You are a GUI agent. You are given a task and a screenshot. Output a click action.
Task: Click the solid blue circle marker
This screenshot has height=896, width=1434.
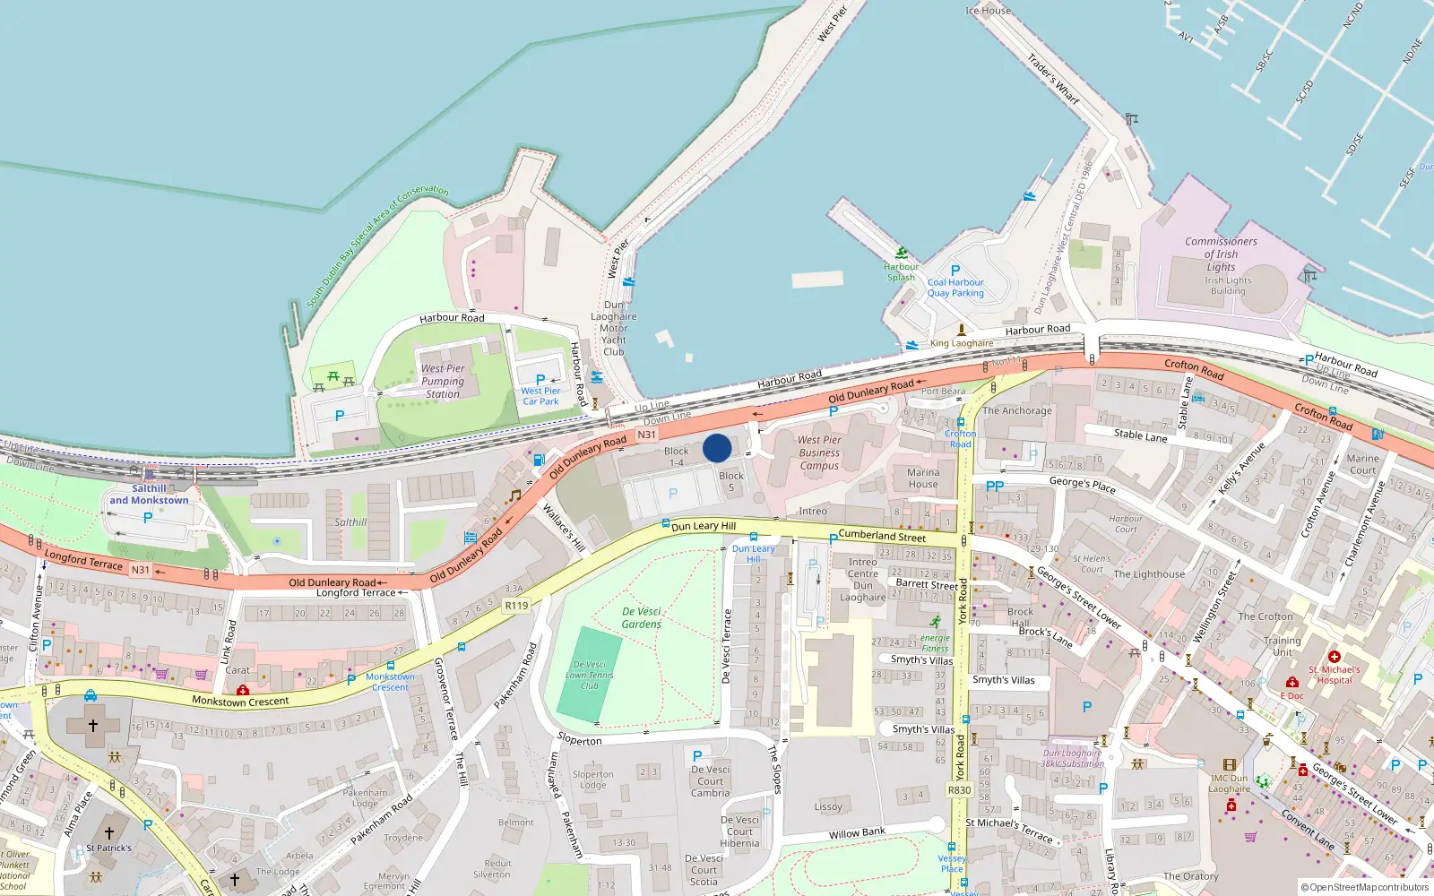coord(717,448)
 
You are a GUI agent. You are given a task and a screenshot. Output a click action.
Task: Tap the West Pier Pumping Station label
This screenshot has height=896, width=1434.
coord(443,381)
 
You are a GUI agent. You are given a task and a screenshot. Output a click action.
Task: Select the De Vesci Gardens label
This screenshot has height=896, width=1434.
coord(642,617)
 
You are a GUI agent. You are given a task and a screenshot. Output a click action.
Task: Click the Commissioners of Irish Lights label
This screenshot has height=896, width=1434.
coord(1221,254)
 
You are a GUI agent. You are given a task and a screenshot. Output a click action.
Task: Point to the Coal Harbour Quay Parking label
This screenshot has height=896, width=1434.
coord(955,288)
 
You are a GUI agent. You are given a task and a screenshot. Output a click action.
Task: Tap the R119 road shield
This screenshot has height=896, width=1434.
coord(516,606)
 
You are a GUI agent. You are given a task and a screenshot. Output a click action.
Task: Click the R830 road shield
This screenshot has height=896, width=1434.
coord(959,790)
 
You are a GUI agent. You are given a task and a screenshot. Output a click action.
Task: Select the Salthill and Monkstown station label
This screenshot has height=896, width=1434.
coord(149,495)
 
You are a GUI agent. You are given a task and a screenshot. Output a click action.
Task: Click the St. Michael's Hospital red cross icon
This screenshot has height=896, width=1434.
coord(1334,657)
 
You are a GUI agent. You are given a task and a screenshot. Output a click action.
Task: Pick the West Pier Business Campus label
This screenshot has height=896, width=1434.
coord(819,452)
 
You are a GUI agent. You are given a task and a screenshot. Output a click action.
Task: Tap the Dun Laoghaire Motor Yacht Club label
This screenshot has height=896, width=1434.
coord(614,328)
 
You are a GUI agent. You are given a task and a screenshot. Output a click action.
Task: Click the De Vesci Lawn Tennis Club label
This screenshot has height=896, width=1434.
coord(589,675)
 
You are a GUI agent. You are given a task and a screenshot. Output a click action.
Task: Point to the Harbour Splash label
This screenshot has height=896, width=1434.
coord(901,271)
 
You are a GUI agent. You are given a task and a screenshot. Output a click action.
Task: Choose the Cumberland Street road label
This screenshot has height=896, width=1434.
coord(882,536)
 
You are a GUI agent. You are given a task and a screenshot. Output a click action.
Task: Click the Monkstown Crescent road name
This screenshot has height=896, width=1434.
coord(240,701)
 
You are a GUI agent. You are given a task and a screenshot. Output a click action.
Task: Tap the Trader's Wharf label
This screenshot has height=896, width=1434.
coord(1053,79)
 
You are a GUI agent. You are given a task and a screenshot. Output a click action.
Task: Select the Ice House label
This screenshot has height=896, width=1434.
coord(988,11)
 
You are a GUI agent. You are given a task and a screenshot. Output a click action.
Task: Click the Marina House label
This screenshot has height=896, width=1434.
coord(922,478)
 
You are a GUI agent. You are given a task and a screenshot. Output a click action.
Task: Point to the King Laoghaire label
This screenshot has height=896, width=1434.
coord(962,343)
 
